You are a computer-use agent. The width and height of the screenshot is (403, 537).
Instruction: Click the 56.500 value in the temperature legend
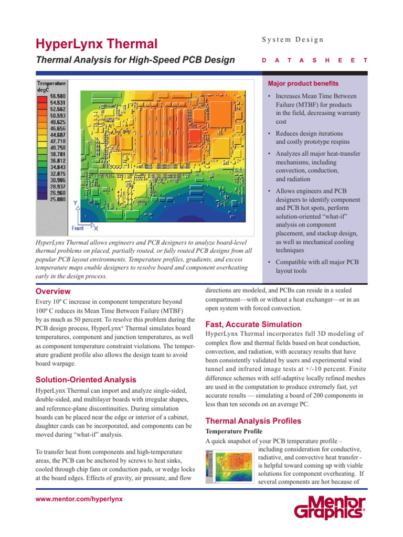click(57, 96)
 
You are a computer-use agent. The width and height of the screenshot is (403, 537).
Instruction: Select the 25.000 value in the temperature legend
click(57, 199)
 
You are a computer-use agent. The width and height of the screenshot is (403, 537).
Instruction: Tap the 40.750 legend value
click(57, 148)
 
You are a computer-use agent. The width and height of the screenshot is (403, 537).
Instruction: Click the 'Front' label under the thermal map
click(78, 228)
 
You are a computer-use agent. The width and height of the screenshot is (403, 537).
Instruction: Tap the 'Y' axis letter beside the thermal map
click(76, 203)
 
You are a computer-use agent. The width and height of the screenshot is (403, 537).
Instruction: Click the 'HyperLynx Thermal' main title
click(96, 44)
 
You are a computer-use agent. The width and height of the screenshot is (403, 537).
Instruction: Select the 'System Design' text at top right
click(293, 40)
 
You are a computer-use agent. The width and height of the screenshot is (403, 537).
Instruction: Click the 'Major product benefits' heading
click(303, 83)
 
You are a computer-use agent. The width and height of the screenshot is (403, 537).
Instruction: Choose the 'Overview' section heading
click(53, 291)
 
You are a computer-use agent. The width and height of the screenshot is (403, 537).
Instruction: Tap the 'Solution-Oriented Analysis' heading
click(86, 380)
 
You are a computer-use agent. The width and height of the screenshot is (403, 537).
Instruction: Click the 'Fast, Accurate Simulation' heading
click(253, 324)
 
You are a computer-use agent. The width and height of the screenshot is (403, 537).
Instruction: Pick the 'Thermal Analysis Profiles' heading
click(253, 421)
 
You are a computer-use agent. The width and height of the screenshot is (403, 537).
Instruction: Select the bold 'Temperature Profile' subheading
click(234, 431)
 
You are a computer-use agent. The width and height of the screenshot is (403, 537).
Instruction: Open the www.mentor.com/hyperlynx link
click(79, 499)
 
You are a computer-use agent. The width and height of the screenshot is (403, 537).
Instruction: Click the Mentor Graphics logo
click(329, 508)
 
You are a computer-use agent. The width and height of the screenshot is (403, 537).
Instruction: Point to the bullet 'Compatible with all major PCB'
click(317, 266)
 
